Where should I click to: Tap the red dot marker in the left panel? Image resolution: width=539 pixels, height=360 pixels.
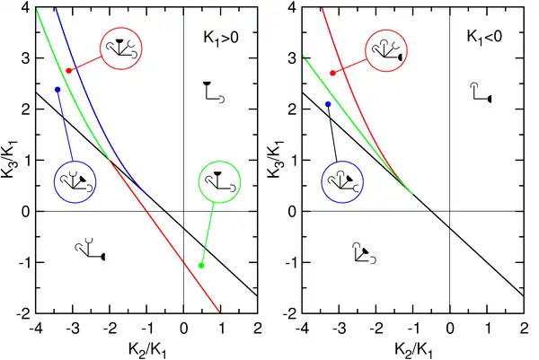tap(69, 71)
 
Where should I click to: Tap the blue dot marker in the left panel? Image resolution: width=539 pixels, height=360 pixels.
tap(57, 90)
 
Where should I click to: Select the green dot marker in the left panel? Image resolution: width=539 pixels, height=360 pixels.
tap(200, 265)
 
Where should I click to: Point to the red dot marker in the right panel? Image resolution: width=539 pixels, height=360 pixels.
tap(332, 73)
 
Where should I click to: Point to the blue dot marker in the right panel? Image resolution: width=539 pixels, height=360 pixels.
tap(328, 104)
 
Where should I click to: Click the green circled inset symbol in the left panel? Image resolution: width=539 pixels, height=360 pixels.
tap(219, 183)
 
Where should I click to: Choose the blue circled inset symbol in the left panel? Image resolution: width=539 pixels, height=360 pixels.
tap(75, 184)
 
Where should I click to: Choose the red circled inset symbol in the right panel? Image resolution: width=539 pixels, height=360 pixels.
tap(386, 52)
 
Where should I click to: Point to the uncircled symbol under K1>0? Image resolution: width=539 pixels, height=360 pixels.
tap(215, 92)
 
